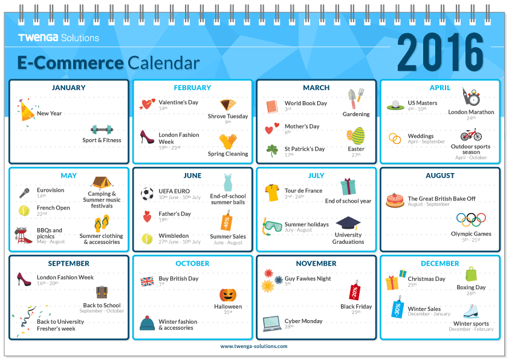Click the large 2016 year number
pyautogui.click(x=441, y=52)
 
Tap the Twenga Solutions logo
pyautogui.click(x=59, y=38)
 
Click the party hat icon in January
pyautogui.click(x=27, y=111)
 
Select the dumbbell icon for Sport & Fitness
pyautogui.click(x=102, y=129)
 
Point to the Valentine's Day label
pyautogui.click(x=178, y=102)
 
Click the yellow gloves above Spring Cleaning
pyautogui.click(x=227, y=142)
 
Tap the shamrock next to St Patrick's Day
pyautogui.click(x=272, y=151)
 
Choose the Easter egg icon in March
pyautogui.click(x=356, y=136)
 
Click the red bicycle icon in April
pyautogui.click(x=471, y=134)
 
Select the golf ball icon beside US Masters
pyautogui.click(x=395, y=105)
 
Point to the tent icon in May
pyautogui.click(x=102, y=183)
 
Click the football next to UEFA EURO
pyautogui.click(x=147, y=194)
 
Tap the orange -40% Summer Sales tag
pyautogui.click(x=227, y=221)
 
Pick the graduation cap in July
pyautogui.click(x=348, y=223)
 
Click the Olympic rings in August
pyautogui.click(x=471, y=220)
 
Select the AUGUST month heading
pyautogui.click(x=440, y=175)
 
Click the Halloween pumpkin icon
pyautogui.click(x=228, y=295)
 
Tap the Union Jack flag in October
pyautogui.click(x=147, y=281)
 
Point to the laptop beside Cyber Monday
pyautogui.click(x=272, y=324)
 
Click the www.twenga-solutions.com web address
pyautogui.click(x=254, y=346)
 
